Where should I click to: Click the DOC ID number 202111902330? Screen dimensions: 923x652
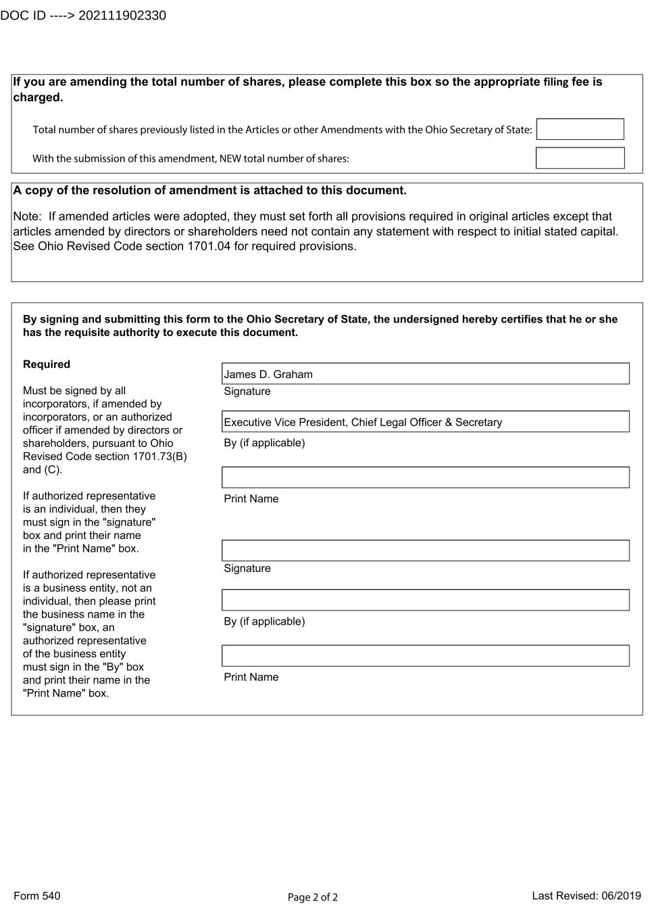point(122,16)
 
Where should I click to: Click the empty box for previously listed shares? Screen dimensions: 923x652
point(580,129)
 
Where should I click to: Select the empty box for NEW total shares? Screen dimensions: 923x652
point(580,158)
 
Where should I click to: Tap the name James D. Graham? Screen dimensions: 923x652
point(268,375)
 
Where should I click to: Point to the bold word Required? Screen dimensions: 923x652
point(47,364)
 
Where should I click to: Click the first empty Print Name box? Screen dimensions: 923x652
point(425,477)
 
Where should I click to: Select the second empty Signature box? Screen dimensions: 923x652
point(425,550)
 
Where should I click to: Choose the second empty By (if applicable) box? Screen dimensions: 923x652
point(425,600)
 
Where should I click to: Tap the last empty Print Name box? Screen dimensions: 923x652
point(425,656)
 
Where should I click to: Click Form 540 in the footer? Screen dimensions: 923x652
point(37,896)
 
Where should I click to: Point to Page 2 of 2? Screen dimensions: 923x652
point(313,897)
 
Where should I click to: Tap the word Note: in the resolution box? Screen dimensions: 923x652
point(28,216)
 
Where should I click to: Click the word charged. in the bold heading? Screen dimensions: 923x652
point(38,97)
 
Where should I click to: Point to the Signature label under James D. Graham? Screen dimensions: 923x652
point(247,392)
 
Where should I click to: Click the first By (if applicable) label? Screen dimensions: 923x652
point(264,443)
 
